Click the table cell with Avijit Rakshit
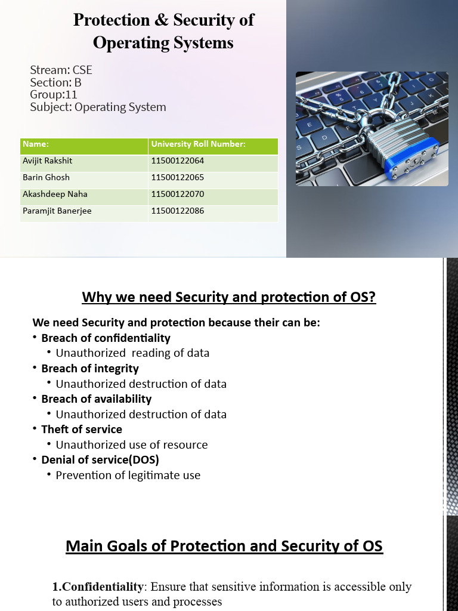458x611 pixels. (x=47, y=161)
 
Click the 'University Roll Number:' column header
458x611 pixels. (x=198, y=144)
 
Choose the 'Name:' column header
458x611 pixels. (x=36, y=144)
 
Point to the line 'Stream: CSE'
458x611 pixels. (x=61, y=70)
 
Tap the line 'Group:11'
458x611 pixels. (x=54, y=95)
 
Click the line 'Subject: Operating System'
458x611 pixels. (x=98, y=107)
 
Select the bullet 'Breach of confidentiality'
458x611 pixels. (x=106, y=338)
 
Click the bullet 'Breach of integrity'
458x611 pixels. (x=90, y=369)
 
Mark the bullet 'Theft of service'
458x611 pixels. (x=82, y=430)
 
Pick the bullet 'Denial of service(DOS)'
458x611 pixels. (x=100, y=460)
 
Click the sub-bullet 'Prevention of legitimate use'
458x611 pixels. (x=128, y=476)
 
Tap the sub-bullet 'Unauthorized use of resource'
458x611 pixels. (x=132, y=445)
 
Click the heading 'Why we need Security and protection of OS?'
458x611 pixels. (x=229, y=297)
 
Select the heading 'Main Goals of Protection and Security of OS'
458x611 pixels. (x=224, y=546)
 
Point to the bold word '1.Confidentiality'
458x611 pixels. (x=98, y=587)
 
